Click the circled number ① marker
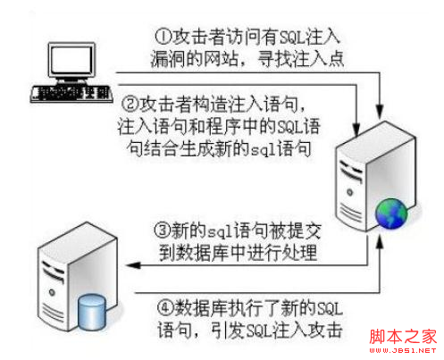[x=163, y=37]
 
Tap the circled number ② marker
[x=130, y=105]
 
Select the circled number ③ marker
[x=163, y=230]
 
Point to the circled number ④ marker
[x=165, y=308]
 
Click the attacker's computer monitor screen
[x=71, y=61]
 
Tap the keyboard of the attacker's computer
[x=71, y=94]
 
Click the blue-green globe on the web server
[x=390, y=213]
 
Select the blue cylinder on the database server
[x=91, y=312]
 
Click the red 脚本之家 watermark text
[x=403, y=337]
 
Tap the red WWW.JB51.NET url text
[x=403, y=350]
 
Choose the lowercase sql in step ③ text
[x=221, y=231]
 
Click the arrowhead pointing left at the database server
[x=133, y=265]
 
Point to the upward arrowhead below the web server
[x=379, y=242]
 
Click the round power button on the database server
[x=52, y=292]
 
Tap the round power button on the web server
[x=350, y=192]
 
